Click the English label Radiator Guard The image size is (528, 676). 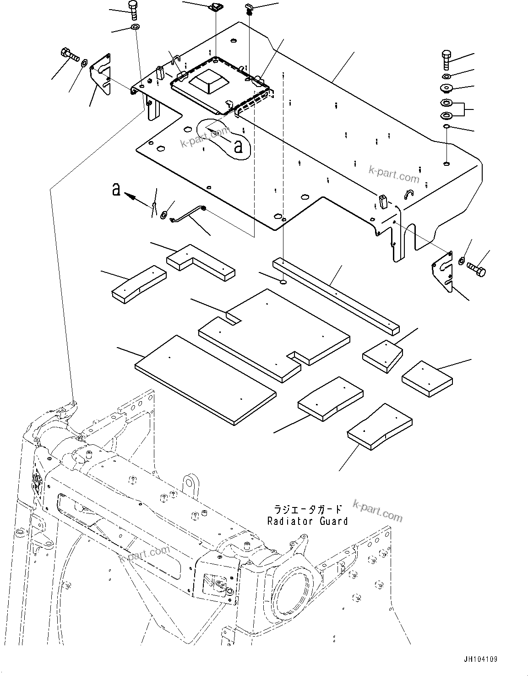(307, 521)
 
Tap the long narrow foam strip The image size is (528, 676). (336, 294)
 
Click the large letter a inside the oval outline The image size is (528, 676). (238, 147)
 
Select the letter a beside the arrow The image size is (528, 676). (117, 189)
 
